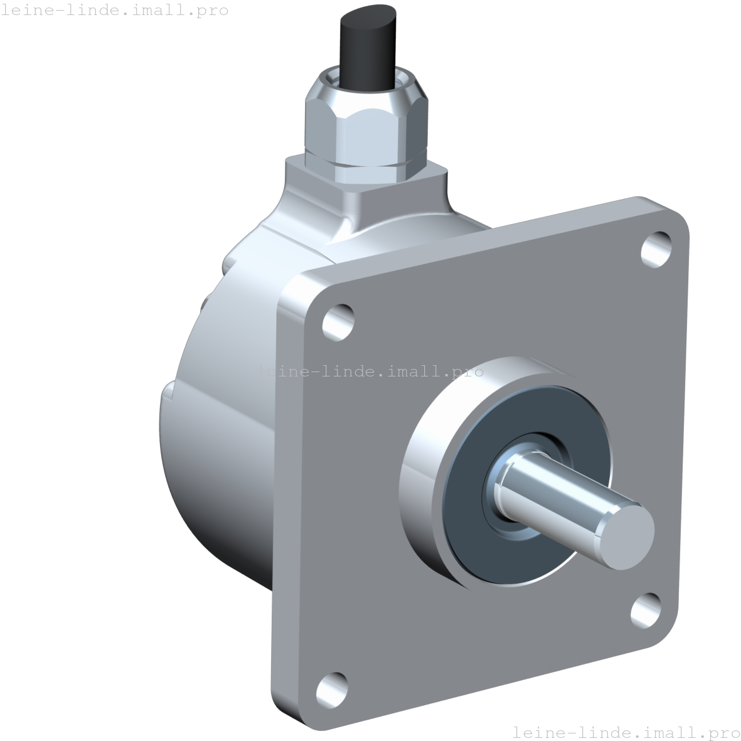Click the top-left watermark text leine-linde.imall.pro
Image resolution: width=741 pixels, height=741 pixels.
115,10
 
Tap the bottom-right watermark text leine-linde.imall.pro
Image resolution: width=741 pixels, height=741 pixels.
626,732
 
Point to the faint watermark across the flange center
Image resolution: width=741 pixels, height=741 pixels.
370,371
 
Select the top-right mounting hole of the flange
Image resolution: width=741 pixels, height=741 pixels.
656,249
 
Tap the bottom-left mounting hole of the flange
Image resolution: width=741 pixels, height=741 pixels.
331,689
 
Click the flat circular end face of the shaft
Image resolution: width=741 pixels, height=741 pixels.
627,535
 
